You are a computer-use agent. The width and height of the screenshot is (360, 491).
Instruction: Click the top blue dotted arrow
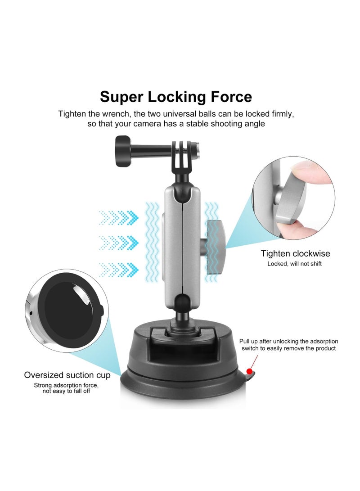pos(118,218)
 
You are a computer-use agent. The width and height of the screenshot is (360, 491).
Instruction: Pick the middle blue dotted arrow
pos(118,244)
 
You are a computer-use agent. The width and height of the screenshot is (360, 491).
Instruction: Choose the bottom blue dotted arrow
pos(118,269)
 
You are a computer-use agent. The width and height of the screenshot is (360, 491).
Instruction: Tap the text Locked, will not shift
pos(294,264)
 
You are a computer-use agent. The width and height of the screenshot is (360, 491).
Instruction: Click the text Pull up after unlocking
pos(273,342)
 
